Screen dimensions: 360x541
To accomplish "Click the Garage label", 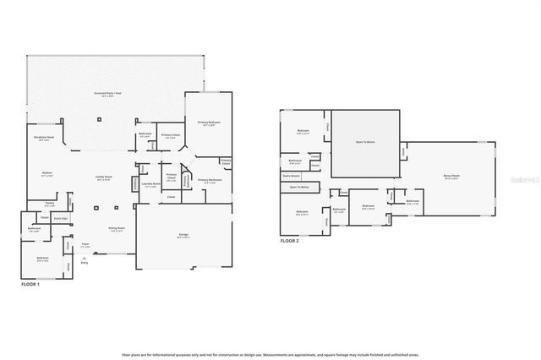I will pyautogui.click(x=182, y=236).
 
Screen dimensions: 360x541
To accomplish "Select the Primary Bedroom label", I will pyautogui.click(x=207, y=124).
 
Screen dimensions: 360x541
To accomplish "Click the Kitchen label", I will pyautogui.click(x=48, y=174).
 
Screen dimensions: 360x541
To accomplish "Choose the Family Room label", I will pyautogui.click(x=105, y=177).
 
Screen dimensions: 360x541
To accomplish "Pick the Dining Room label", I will pyautogui.click(x=116, y=228).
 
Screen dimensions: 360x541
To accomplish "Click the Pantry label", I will pyautogui.click(x=50, y=204).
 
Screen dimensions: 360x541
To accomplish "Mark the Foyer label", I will pyautogui.click(x=85, y=245).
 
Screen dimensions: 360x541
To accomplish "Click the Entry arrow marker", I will pyautogui.click(x=85, y=261).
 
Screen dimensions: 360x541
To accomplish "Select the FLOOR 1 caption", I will pyautogui.click(x=30, y=285).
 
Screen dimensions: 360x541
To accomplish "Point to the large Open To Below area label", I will pyautogui.click(x=365, y=142).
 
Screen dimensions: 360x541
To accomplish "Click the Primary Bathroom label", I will pyautogui.click(x=209, y=180).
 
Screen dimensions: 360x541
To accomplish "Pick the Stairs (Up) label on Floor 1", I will pyautogui.click(x=60, y=217).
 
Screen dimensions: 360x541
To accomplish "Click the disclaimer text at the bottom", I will pyautogui.click(x=270, y=355).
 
